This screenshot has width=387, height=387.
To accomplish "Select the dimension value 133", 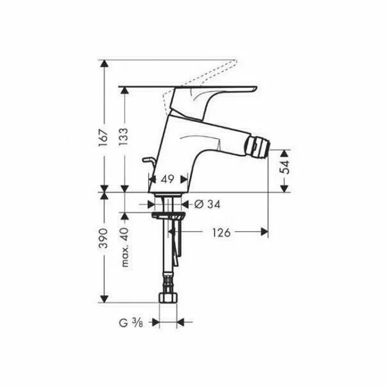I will [x=125, y=137].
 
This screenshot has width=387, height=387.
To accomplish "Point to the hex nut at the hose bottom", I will [x=169, y=298].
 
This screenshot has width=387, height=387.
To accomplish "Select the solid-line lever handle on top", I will [x=193, y=88].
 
